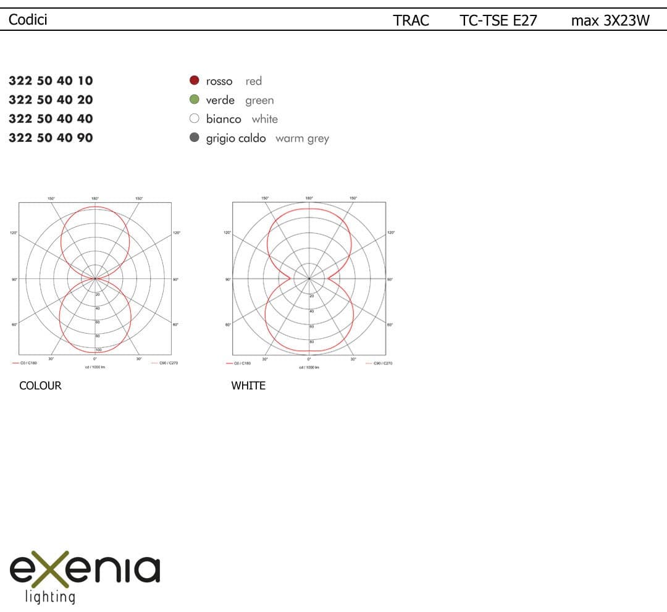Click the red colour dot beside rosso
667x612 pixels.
194,80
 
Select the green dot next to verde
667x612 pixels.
194,99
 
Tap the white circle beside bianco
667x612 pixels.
194,118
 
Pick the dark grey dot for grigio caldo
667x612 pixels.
194,138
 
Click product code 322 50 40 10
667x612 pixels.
51,80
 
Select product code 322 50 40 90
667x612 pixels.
51,138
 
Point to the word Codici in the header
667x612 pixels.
28,20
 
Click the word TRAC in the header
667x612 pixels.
411,20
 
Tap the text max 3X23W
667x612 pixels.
610,20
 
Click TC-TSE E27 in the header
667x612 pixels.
498,20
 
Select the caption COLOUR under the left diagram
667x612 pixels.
40,386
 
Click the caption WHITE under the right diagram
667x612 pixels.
248,386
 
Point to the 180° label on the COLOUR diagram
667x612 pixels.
95,199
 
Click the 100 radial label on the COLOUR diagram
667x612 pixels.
98,349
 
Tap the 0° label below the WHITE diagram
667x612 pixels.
309,359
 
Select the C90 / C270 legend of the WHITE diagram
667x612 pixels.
379,363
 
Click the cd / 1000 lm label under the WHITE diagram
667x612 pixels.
309,367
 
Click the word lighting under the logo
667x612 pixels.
49,597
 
